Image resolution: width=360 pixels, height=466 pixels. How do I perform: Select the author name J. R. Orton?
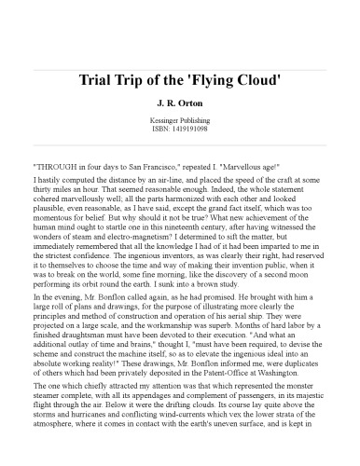(180, 103)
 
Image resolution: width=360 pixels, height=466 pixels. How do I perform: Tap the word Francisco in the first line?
(163, 160)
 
